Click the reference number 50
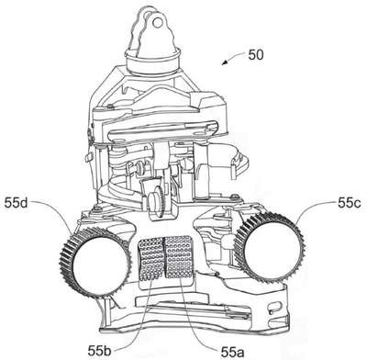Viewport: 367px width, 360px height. [x=256, y=55]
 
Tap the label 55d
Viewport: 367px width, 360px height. [x=16, y=203]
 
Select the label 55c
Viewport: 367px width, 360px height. [x=350, y=203]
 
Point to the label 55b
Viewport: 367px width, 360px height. [x=99, y=351]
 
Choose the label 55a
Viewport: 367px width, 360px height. [x=232, y=353]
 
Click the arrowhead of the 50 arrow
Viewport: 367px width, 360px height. [x=225, y=62]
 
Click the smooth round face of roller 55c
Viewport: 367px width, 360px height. [x=272, y=248]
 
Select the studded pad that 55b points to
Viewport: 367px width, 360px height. [x=151, y=259]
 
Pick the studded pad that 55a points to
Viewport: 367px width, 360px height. [x=179, y=256]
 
